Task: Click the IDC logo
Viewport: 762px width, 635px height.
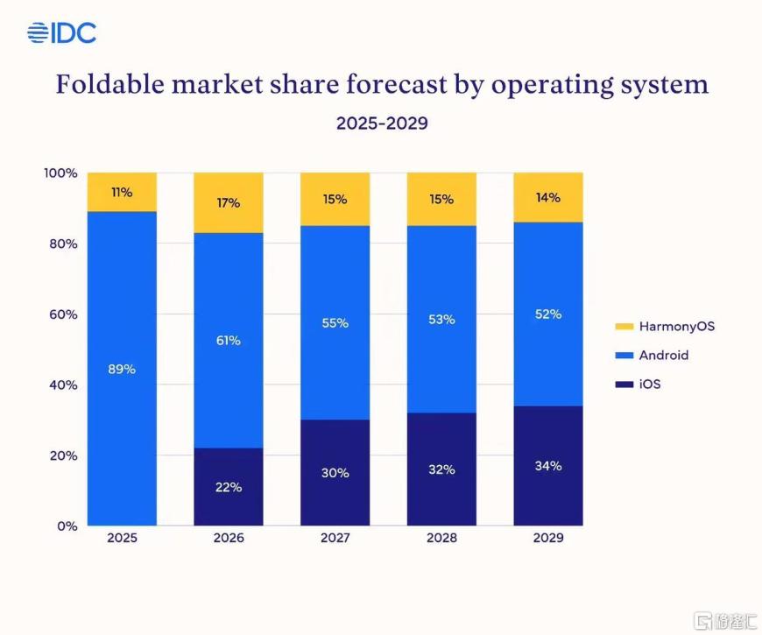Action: [x=61, y=33]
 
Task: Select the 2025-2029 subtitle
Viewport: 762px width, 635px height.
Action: [x=382, y=123]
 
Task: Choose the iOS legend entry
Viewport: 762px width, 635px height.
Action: [x=648, y=384]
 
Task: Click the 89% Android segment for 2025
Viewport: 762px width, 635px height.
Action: [x=122, y=368]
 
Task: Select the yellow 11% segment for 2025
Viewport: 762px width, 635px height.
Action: [x=122, y=192]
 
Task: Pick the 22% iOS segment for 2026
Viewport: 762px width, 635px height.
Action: [x=228, y=487]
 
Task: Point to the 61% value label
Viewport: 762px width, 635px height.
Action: [x=228, y=340]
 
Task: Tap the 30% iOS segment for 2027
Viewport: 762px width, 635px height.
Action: [x=335, y=473]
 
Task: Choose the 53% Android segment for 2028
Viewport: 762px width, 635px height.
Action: [x=441, y=320]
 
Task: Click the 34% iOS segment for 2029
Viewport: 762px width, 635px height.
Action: [x=547, y=466]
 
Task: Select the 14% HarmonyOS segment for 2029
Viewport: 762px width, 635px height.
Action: [x=547, y=197]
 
